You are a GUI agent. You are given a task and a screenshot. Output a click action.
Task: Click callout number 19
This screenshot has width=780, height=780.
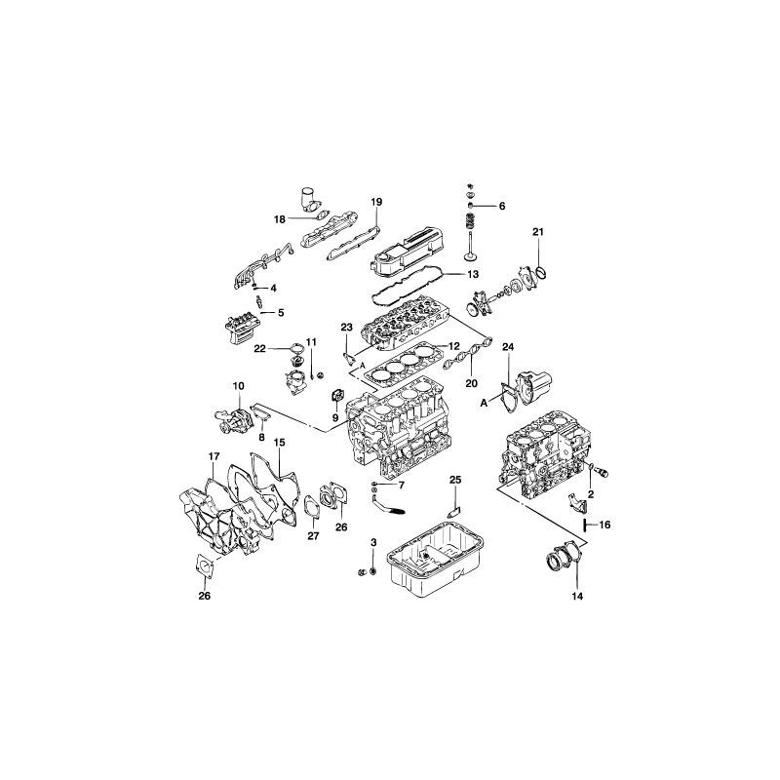[376, 202]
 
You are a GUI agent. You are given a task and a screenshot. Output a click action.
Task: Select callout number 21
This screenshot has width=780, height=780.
[538, 232]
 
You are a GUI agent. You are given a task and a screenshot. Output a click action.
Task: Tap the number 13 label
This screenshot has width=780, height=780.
[473, 274]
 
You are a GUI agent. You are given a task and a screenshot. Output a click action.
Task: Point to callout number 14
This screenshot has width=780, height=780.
[577, 597]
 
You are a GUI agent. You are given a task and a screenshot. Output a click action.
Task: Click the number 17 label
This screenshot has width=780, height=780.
[214, 456]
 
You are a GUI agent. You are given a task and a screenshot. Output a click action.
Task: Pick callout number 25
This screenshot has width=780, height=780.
[455, 480]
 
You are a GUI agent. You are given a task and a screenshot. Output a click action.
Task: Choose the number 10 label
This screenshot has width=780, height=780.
[239, 385]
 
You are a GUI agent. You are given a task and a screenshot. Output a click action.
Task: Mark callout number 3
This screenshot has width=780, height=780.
[373, 542]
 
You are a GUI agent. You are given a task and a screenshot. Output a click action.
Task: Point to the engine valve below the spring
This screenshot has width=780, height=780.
[470, 247]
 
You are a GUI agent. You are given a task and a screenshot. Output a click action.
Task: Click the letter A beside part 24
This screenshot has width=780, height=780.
[484, 404]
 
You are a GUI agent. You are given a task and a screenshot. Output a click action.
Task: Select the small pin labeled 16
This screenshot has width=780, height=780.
[586, 525]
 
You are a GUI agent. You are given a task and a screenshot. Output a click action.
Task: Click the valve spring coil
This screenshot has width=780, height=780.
[468, 221]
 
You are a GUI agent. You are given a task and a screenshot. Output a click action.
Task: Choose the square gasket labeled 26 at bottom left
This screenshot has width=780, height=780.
[205, 566]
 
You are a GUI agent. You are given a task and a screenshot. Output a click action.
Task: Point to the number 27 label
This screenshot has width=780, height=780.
[313, 536]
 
